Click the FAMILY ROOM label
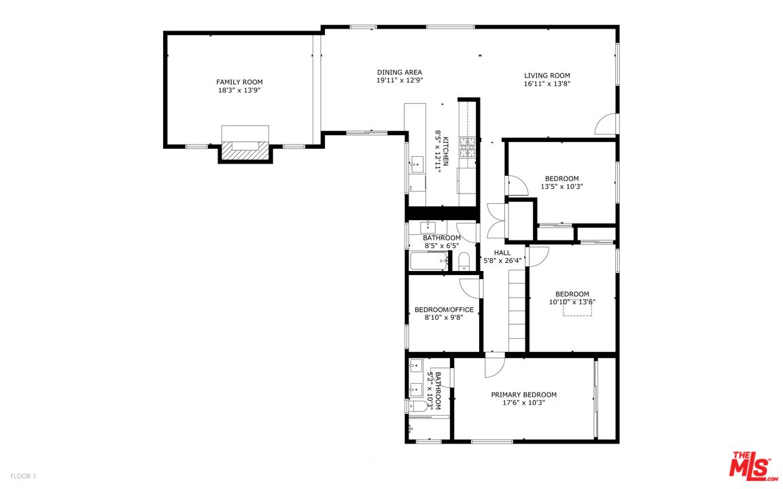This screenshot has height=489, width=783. point(239,81)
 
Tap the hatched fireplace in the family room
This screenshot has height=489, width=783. point(245,151)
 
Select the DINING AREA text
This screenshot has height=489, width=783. point(400,73)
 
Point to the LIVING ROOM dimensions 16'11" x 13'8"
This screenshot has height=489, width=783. point(547,84)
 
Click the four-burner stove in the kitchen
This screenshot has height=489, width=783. point(468,147)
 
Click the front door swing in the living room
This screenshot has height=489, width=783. point(606,124)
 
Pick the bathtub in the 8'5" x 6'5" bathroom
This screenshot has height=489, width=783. point(428,261)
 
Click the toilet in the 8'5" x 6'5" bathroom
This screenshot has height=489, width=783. point(464,261)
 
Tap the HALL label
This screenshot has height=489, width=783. point(502,253)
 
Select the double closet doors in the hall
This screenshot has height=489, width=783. point(497,221)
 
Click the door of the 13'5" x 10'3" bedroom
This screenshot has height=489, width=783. point(517,185)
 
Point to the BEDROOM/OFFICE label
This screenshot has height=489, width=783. point(444,310)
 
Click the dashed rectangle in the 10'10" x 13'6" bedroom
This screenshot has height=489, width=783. point(577,310)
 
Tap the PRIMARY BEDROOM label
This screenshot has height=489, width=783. point(524,395)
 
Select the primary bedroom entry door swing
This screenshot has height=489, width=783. point(494,366)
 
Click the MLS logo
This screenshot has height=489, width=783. point(754,466)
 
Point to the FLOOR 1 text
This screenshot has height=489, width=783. point(23,477)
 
